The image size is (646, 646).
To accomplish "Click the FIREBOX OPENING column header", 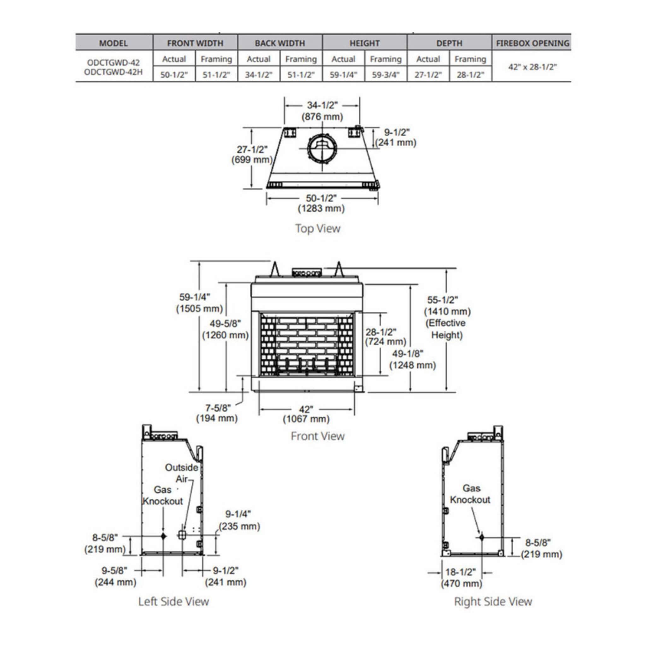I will pos(532,43).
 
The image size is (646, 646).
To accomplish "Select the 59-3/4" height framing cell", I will pos(385,74).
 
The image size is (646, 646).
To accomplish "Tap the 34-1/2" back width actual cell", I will pos(258,74).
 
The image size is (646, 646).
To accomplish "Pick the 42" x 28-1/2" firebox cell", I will pos(532,67).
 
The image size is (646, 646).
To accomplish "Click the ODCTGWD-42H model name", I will pos(113,72).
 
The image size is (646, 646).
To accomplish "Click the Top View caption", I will pos(318,228).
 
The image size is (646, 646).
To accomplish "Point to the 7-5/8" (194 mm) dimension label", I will pos(217,413).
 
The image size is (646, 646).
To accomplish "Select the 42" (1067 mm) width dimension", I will pos(306,414).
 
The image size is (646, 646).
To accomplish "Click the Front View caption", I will pos(318,436).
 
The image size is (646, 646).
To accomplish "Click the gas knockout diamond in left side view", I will pos(163,536).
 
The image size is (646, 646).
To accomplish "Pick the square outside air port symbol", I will pos(182,535).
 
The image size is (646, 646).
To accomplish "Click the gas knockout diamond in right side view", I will pos(481,537).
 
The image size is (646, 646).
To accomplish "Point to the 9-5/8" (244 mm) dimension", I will pos(115,577).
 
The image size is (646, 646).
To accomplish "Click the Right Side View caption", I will pos(493,602).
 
